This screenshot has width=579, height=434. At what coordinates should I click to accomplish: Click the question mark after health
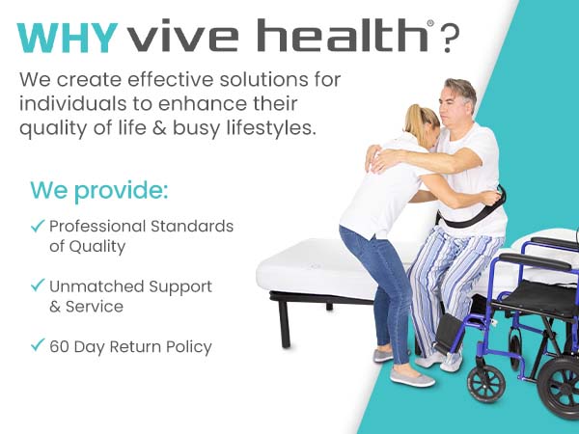pos(450,39)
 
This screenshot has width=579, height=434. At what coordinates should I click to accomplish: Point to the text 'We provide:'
pos(99,190)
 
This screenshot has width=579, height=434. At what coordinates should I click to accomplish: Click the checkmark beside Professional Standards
pos(38,227)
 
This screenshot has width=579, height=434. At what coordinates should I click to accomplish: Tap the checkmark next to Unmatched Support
pos(38,286)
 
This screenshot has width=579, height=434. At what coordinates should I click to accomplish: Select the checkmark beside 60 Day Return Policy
pos(38,346)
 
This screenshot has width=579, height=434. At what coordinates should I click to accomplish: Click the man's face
pos(453,105)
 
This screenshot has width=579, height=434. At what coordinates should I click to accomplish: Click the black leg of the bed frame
pos(285,324)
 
